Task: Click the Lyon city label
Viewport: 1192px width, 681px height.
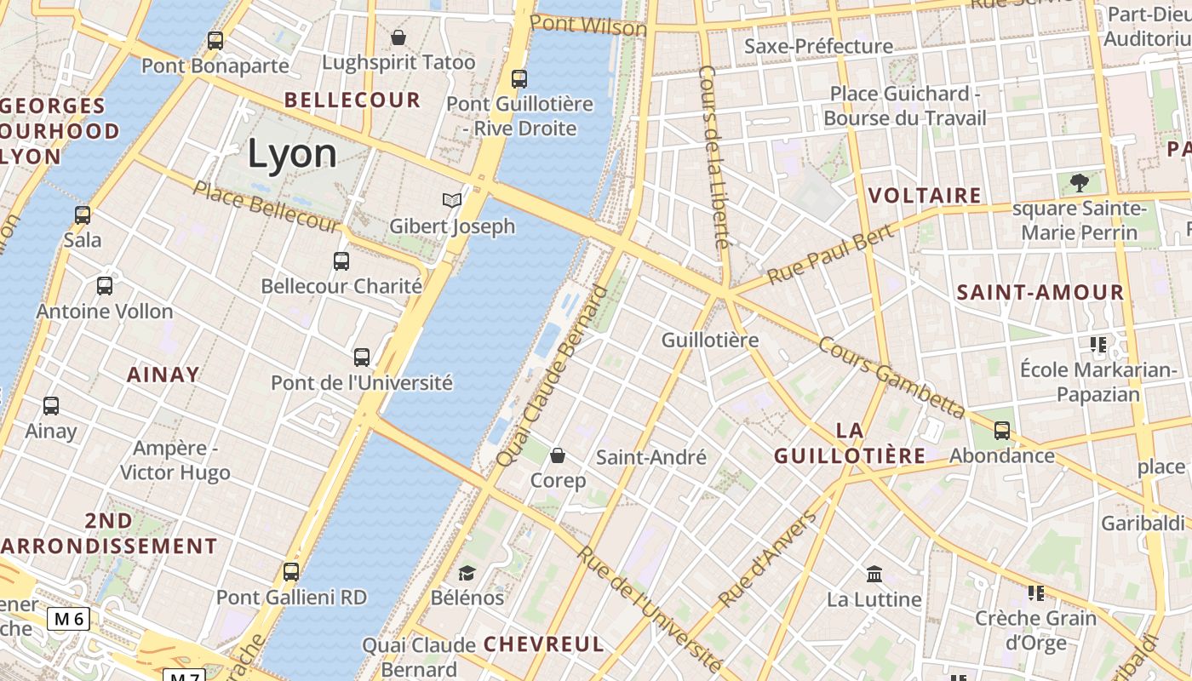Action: pyautogui.click(x=292, y=153)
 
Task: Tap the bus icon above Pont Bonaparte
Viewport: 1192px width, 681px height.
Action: pyautogui.click(x=215, y=40)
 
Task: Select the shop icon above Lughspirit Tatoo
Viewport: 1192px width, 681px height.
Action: pyautogui.click(x=398, y=37)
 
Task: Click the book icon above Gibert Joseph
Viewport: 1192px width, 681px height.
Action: pyautogui.click(x=452, y=200)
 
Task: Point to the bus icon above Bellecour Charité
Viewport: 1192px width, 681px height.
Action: pyautogui.click(x=341, y=260)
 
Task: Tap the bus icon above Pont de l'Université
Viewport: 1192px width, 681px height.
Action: pyautogui.click(x=362, y=357)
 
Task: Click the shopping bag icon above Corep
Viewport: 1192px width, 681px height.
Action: pyautogui.click(x=558, y=455)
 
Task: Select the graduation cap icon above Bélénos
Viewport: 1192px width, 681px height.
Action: pyautogui.click(x=467, y=573)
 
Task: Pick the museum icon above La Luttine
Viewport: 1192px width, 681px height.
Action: pyautogui.click(x=874, y=574)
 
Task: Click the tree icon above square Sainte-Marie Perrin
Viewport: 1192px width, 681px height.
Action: pyautogui.click(x=1079, y=182)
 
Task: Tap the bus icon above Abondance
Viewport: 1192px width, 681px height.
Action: pyautogui.click(x=1002, y=431)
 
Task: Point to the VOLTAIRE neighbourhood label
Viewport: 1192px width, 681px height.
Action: pyautogui.click(x=925, y=195)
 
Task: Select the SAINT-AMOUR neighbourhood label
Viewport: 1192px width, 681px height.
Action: pyautogui.click(x=1040, y=292)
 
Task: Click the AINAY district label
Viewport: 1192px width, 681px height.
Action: pyautogui.click(x=163, y=374)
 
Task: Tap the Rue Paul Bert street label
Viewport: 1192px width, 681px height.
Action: pyautogui.click(x=830, y=255)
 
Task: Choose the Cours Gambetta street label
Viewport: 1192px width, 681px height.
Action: pyautogui.click(x=891, y=377)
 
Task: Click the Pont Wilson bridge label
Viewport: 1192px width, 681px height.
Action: pyautogui.click(x=587, y=25)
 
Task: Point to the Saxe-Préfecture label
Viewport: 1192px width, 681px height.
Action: pyautogui.click(x=818, y=46)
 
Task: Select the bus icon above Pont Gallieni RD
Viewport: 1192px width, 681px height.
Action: pyautogui.click(x=291, y=571)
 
